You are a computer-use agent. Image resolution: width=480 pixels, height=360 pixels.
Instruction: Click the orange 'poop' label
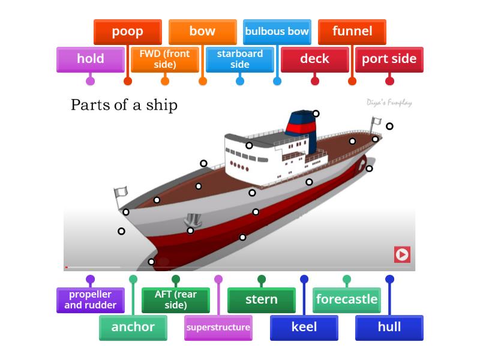coord(127,32)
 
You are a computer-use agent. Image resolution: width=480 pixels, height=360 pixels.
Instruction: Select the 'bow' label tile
coord(202,32)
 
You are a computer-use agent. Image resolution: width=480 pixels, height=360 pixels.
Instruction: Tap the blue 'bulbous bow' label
coord(277,32)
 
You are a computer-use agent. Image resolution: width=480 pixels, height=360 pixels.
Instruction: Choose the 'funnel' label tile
coord(352,32)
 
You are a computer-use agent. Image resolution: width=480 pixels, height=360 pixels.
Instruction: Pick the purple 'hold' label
coord(90,59)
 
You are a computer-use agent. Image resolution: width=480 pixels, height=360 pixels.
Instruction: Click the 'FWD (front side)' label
coord(164,59)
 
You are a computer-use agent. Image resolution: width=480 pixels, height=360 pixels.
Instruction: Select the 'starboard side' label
coord(239,59)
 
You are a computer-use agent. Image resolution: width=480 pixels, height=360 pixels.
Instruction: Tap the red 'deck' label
coord(314,59)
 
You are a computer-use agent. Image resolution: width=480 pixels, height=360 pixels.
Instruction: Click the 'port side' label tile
coord(389,59)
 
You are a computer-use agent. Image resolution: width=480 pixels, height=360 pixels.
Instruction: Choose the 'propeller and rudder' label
coord(90,300)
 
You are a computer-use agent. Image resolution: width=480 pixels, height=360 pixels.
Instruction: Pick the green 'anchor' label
coord(133,327)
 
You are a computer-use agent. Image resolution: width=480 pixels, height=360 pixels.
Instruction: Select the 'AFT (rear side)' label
coord(176,300)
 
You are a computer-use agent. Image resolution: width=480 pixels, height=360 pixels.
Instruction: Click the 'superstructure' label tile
coord(218,327)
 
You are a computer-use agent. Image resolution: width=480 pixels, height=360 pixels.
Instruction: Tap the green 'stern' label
coord(262,300)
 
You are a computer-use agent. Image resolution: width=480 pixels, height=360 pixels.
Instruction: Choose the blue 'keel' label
coord(304,327)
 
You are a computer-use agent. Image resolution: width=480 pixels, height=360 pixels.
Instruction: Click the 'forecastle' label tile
coord(347,300)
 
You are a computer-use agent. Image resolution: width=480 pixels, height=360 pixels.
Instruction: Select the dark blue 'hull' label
coord(389,327)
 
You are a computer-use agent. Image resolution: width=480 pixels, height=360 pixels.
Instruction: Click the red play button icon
coord(402,254)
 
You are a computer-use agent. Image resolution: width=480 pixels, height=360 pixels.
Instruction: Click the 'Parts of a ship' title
coord(124,105)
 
